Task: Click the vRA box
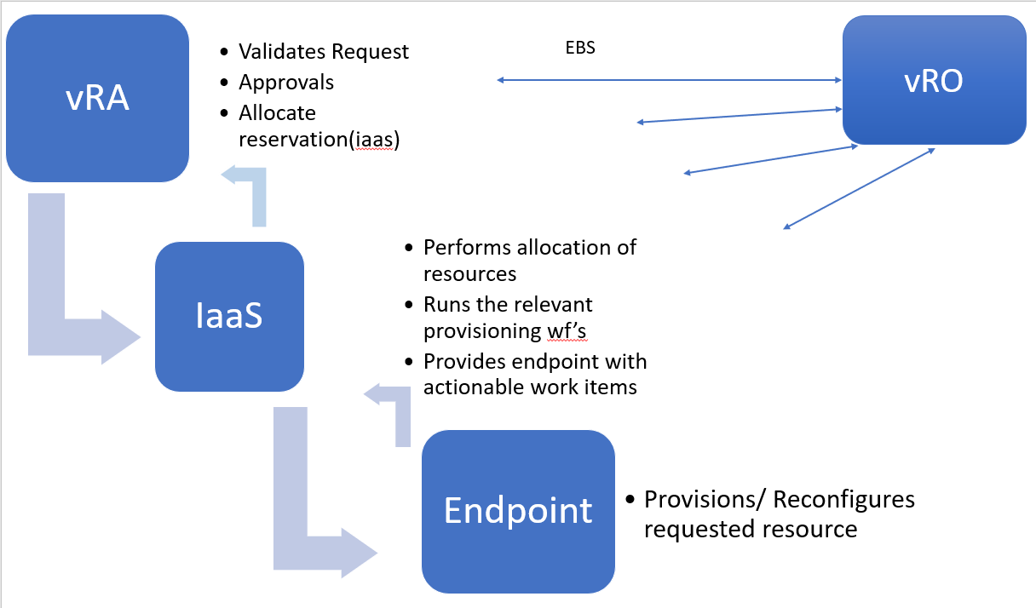pyautogui.click(x=97, y=99)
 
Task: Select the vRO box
pyautogui.click(x=934, y=81)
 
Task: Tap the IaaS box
pyautogui.click(x=228, y=317)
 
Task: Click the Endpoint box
pyautogui.click(x=518, y=510)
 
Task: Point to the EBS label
pyautogui.click(x=580, y=49)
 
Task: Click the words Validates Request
pyautogui.click(x=324, y=52)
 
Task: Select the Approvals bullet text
pyautogui.click(x=286, y=83)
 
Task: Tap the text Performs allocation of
pyautogui.click(x=529, y=248)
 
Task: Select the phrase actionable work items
pyautogui.click(x=529, y=388)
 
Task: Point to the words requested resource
pyautogui.click(x=750, y=529)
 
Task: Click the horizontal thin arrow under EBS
pyautogui.click(x=669, y=80)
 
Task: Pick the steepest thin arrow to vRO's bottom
pyautogui.click(x=859, y=189)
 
